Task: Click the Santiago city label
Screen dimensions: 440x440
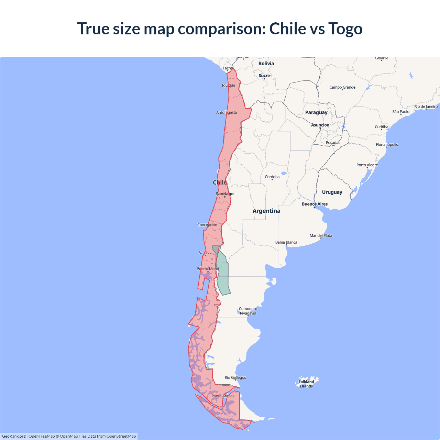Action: coord(225,194)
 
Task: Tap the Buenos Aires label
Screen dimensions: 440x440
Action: coord(315,204)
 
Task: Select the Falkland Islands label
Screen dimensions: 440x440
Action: coord(306,384)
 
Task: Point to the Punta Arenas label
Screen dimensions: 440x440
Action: coord(223,396)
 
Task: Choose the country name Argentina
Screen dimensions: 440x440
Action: coord(266,211)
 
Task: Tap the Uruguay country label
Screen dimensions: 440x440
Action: coord(332,192)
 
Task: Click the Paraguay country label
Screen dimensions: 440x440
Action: coord(316,112)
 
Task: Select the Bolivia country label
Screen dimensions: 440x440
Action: coord(266,64)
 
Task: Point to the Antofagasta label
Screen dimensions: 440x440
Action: coord(227,112)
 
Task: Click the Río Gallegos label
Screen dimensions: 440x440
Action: coord(235,377)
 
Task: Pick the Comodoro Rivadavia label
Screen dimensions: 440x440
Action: coord(248,311)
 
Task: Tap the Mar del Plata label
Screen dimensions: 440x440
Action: coord(321,235)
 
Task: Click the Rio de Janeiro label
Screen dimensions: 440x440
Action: coord(426,107)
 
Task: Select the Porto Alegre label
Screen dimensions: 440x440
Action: coord(367,165)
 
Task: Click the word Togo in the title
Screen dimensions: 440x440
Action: coord(345,29)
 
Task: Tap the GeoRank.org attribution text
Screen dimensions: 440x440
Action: coord(14,436)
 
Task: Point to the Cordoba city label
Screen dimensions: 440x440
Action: coord(272,177)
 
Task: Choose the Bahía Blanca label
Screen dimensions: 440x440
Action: coord(286,242)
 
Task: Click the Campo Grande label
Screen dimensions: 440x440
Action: coord(342,87)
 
